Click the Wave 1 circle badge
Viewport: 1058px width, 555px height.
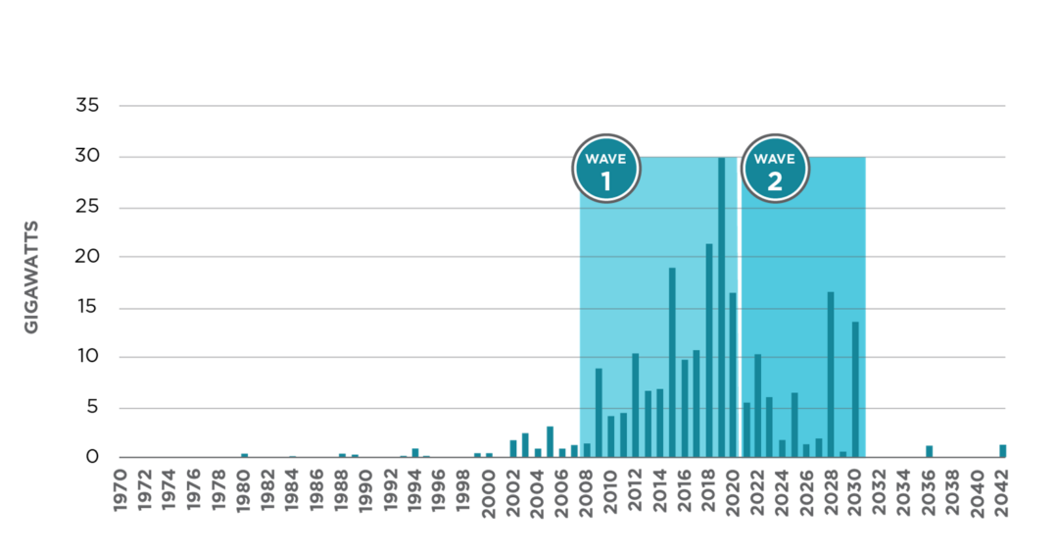pos(605,168)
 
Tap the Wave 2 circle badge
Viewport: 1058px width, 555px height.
pos(775,168)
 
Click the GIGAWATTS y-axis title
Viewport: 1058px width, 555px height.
pos(31,277)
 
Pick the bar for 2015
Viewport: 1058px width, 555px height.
pos(672,362)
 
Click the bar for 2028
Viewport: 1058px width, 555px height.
pos(831,374)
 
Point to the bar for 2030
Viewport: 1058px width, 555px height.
pos(855,389)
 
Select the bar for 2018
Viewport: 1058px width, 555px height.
pos(709,350)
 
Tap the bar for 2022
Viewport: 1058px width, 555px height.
pos(757,405)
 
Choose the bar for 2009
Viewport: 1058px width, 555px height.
pos(599,413)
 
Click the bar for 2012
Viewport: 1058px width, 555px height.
pos(635,405)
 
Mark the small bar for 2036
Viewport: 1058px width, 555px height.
pos(929,451)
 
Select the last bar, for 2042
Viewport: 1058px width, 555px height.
pos(1002,450)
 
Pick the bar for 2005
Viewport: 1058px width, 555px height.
pos(550,440)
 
